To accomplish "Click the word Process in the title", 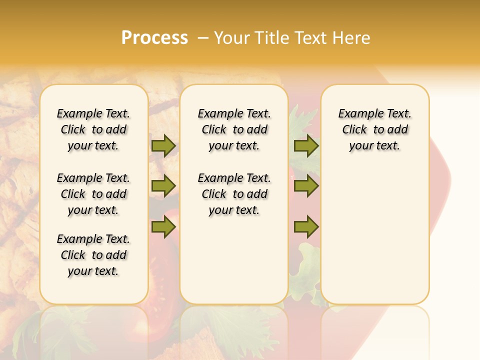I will [154, 37].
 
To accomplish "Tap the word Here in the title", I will [351, 37].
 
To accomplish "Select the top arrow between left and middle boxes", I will [163, 145].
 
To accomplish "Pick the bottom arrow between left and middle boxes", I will [163, 227].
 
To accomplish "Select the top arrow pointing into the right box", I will [306, 145].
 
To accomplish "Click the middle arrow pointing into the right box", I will [306, 186].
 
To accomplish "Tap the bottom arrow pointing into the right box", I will [306, 227].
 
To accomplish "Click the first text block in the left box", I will [93, 129].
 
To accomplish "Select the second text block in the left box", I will [93, 194].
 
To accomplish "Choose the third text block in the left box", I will [93, 255].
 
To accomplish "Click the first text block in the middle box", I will [234, 129].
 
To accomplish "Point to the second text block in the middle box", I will [234, 194].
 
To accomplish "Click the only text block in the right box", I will [375, 129].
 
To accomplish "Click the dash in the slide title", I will [203, 37].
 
